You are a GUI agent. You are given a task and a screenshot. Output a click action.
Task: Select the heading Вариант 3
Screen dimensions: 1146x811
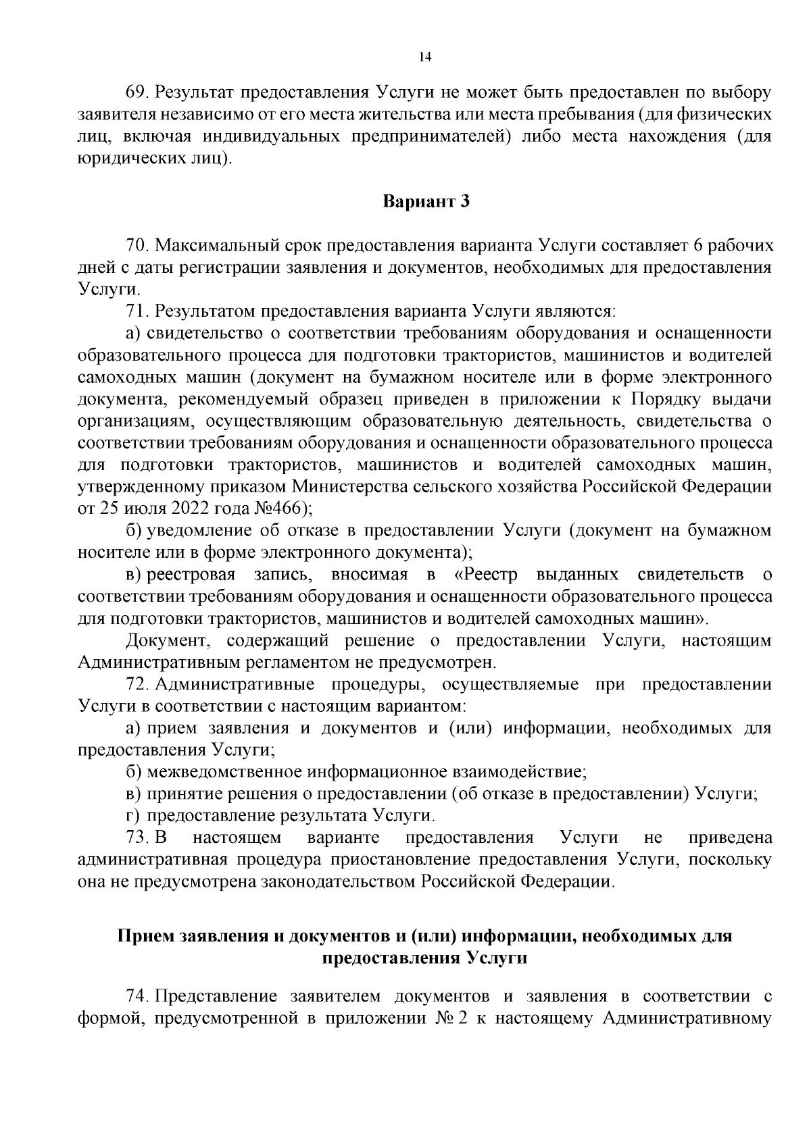pos(426,201)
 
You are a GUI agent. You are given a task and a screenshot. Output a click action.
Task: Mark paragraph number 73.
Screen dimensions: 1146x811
pos(138,838)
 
